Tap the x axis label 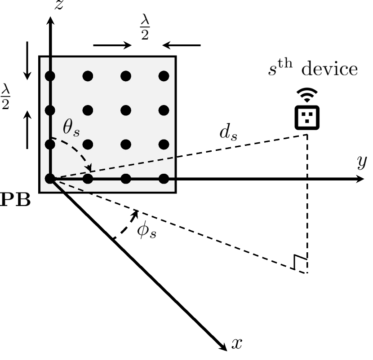pos(237,344)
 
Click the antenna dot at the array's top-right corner pos(164,76)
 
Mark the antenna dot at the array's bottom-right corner pos(164,179)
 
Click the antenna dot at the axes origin pos(50,179)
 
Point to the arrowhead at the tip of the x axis pos(223,345)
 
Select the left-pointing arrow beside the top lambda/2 pos(182,45)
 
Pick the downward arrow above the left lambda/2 pos(28,60)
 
